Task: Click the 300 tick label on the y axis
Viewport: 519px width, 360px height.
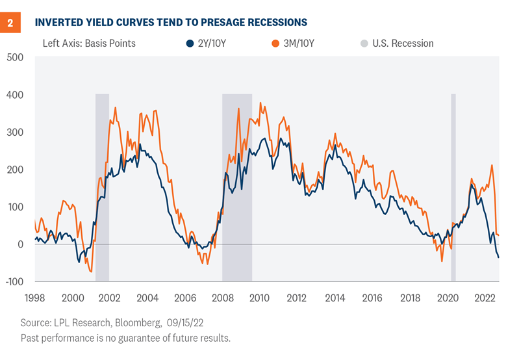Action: pos(14,132)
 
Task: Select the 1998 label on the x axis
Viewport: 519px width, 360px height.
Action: pos(35,298)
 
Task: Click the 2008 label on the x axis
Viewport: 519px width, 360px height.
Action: pos(222,298)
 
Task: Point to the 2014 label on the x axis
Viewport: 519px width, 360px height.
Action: pos(335,298)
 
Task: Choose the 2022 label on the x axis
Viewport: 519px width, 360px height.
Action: pos(485,298)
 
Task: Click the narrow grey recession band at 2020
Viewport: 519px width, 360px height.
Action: pos(453,188)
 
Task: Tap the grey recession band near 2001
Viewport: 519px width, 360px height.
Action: pos(102,188)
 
